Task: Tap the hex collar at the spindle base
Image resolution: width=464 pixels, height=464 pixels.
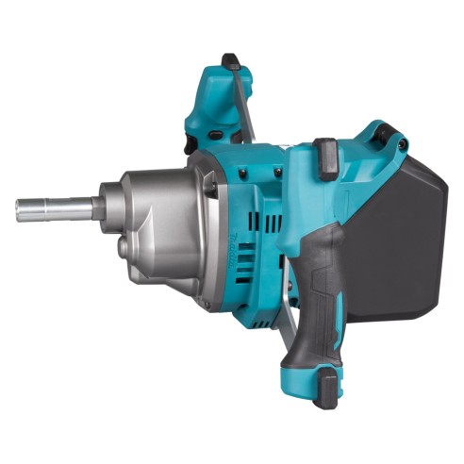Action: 97,207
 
